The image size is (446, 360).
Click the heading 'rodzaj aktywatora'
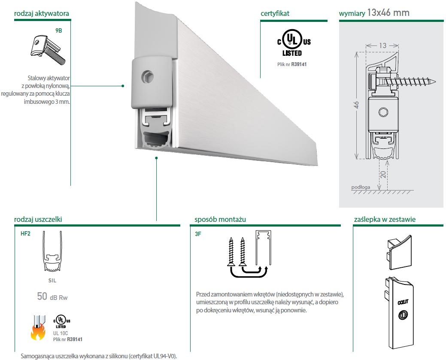[41, 14]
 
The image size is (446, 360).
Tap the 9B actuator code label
[59, 30]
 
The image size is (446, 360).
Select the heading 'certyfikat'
[275, 13]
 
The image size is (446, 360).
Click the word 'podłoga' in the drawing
[361, 187]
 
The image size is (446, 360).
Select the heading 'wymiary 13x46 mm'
[374, 13]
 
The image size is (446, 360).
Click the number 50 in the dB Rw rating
[42, 296]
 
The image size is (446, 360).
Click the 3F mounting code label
[198, 235]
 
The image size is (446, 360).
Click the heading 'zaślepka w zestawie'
[385, 220]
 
